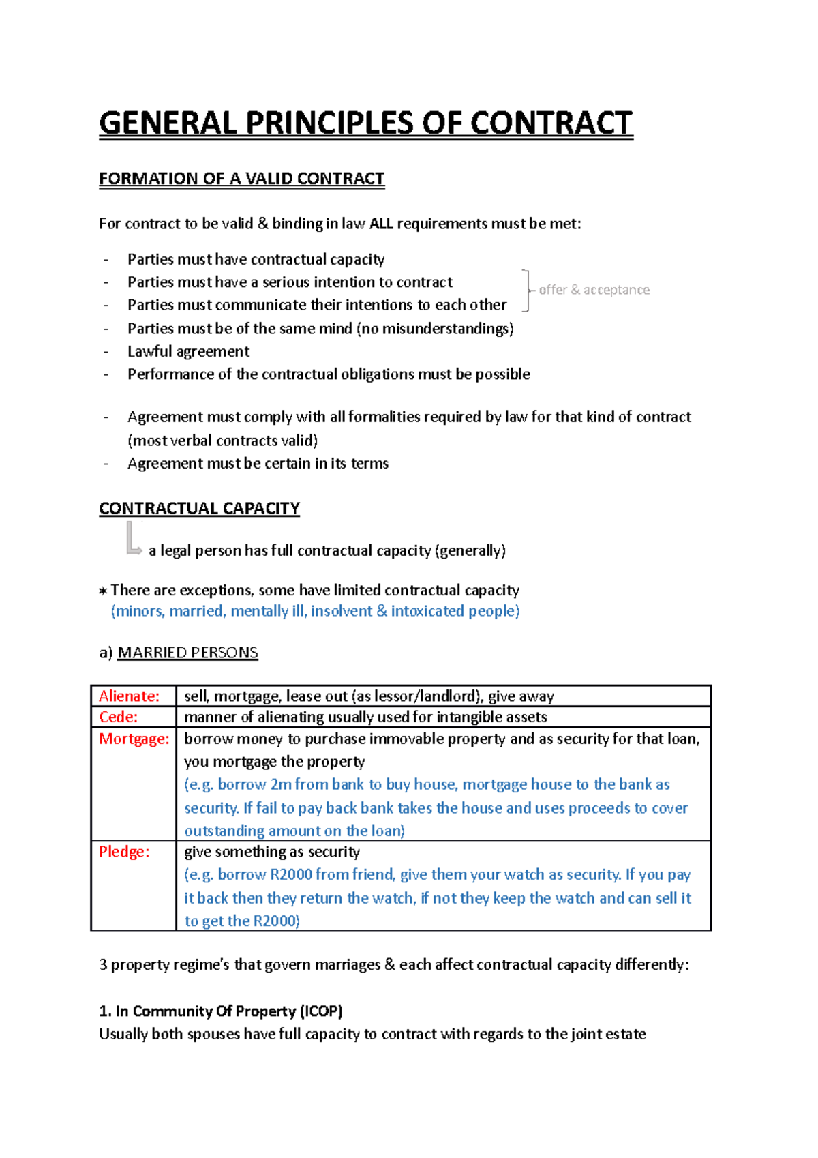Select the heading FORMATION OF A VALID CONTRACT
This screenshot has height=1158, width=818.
click(x=241, y=179)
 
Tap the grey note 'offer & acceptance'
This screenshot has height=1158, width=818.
click(x=594, y=290)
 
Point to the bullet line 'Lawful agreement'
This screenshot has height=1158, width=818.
click(x=188, y=351)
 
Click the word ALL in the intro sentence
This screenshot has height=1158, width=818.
click(x=381, y=224)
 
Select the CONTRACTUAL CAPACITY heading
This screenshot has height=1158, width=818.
click(x=199, y=509)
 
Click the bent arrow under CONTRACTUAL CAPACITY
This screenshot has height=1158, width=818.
click(x=132, y=539)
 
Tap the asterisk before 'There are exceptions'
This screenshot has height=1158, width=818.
click(x=103, y=591)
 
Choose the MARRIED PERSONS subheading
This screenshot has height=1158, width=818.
click(x=187, y=653)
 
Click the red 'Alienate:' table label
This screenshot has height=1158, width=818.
click(x=129, y=696)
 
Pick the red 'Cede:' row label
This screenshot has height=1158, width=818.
click(x=118, y=717)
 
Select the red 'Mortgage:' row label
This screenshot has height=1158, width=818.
click(x=134, y=739)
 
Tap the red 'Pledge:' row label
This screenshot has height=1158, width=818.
click(x=124, y=852)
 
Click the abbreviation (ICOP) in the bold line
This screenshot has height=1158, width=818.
click(x=320, y=1011)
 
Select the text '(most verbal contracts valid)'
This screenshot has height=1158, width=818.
click(x=222, y=441)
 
